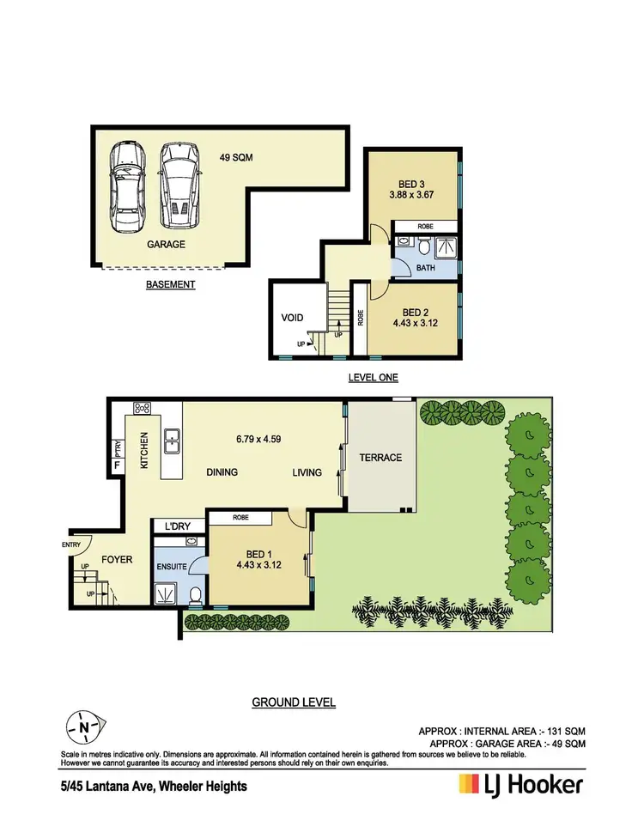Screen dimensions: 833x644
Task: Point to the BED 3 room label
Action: point(411,185)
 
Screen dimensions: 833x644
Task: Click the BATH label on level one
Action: point(426,268)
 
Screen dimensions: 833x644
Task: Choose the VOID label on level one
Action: point(293,318)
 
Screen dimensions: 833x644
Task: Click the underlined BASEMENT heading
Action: point(170,284)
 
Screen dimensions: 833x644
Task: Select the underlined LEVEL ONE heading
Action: point(373,377)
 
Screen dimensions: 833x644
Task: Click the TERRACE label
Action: point(380,458)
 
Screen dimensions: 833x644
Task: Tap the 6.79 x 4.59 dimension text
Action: point(258,439)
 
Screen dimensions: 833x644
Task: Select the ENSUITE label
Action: point(172,567)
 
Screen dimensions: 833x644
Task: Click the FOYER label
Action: point(117,559)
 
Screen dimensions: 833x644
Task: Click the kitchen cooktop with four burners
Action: point(141,409)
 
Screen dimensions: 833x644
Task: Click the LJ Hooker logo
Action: point(520,784)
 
